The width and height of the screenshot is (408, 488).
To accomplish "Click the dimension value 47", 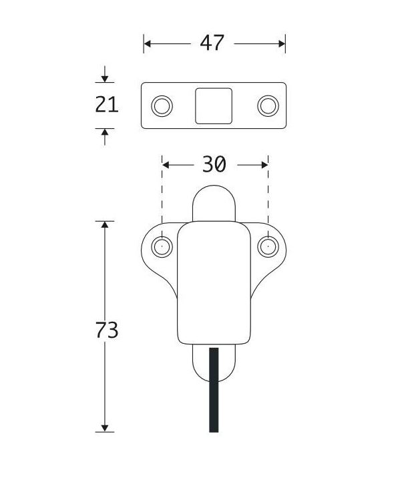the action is (x=212, y=43).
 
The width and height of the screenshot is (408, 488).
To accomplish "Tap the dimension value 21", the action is (x=107, y=105).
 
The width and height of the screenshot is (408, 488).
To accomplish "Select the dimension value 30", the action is (x=214, y=164).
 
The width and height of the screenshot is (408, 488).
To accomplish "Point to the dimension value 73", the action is (x=107, y=330).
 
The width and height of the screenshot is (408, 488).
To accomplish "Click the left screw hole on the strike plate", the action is (x=162, y=106).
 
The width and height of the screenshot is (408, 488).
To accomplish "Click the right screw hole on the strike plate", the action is (x=268, y=106).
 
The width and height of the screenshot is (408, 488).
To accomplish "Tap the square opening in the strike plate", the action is (x=214, y=106).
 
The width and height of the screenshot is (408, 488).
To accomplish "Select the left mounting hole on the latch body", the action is (x=162, y=247).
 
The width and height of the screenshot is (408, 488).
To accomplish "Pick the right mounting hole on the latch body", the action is (x=268, y=247).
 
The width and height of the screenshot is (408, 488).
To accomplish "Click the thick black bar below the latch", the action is (x=214, y=390).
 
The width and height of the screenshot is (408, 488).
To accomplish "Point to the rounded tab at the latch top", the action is (x=214, y=203).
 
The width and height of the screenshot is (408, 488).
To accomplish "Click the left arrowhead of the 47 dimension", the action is (x=147, y=44).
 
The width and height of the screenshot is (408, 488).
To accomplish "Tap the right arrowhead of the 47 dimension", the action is (x=282, y=44).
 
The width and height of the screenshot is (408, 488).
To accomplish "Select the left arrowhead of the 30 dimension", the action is (x=166, y=165).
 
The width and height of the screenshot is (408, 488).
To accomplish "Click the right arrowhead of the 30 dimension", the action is (x=264, y=165).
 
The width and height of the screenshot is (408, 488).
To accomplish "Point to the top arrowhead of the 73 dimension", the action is (x=105, y=224).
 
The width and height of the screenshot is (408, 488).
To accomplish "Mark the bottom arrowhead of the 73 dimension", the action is (x=105, y=428).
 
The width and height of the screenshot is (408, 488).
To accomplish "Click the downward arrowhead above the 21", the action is (x=105, y=78).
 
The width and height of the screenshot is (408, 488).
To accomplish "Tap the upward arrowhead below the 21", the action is (x=105, y=132).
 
